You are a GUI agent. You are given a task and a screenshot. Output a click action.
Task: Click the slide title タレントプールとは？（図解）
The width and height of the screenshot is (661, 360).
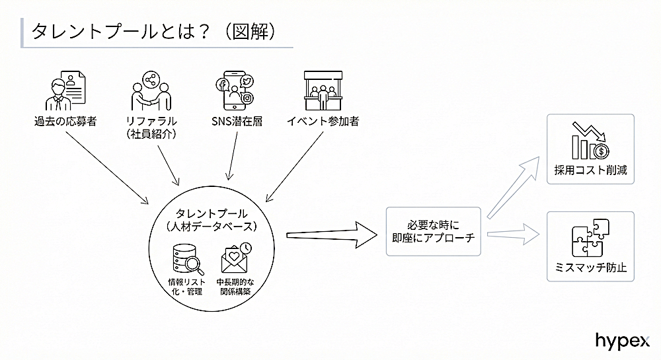[x=153, y=31]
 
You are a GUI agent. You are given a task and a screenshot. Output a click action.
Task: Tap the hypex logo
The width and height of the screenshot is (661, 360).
[x=622, y=340]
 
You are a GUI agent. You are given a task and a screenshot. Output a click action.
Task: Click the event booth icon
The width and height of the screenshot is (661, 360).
[x=323, y=90]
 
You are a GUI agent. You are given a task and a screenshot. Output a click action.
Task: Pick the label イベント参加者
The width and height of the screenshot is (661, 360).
[x=323, y=122]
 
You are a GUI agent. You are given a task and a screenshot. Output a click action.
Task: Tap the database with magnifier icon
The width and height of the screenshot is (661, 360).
[x=186, y=259]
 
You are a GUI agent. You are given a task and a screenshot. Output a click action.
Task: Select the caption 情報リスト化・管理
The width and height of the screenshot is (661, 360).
[x=186, y=286]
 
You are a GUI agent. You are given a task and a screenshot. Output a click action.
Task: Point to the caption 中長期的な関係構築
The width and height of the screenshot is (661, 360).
[x=236, y=286]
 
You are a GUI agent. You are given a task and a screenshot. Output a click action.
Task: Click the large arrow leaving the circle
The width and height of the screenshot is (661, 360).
[x=330, y=234]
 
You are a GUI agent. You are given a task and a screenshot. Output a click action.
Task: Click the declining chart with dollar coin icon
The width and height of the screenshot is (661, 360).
[x=590, y=141]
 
